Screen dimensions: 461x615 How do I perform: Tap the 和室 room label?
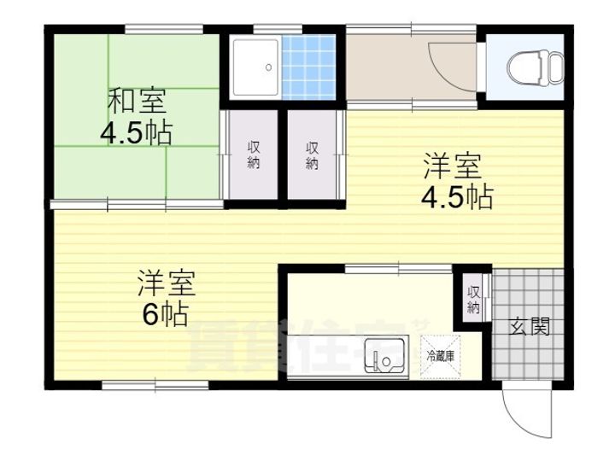click(x=136, y=101)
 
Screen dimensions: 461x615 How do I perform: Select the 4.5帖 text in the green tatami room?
click(x=136, y=132)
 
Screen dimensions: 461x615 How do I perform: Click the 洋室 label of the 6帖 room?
click(x=168, y=283)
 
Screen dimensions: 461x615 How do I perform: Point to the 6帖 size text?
click(x=165, y=314)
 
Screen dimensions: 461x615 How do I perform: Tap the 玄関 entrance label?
click(x=530, y=326)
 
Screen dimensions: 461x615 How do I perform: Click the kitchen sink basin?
click(x=384, y=355)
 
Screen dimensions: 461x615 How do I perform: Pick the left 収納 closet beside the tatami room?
click(x=254, y=155)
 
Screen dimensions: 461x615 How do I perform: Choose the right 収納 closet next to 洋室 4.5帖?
click(x=313, y=155)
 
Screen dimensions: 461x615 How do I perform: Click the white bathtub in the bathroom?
click(x=255, y=67)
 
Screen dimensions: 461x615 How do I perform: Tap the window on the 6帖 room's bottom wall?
click(x=155, y=386)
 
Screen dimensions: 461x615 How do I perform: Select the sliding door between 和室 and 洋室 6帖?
click(x=137, y=204)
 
